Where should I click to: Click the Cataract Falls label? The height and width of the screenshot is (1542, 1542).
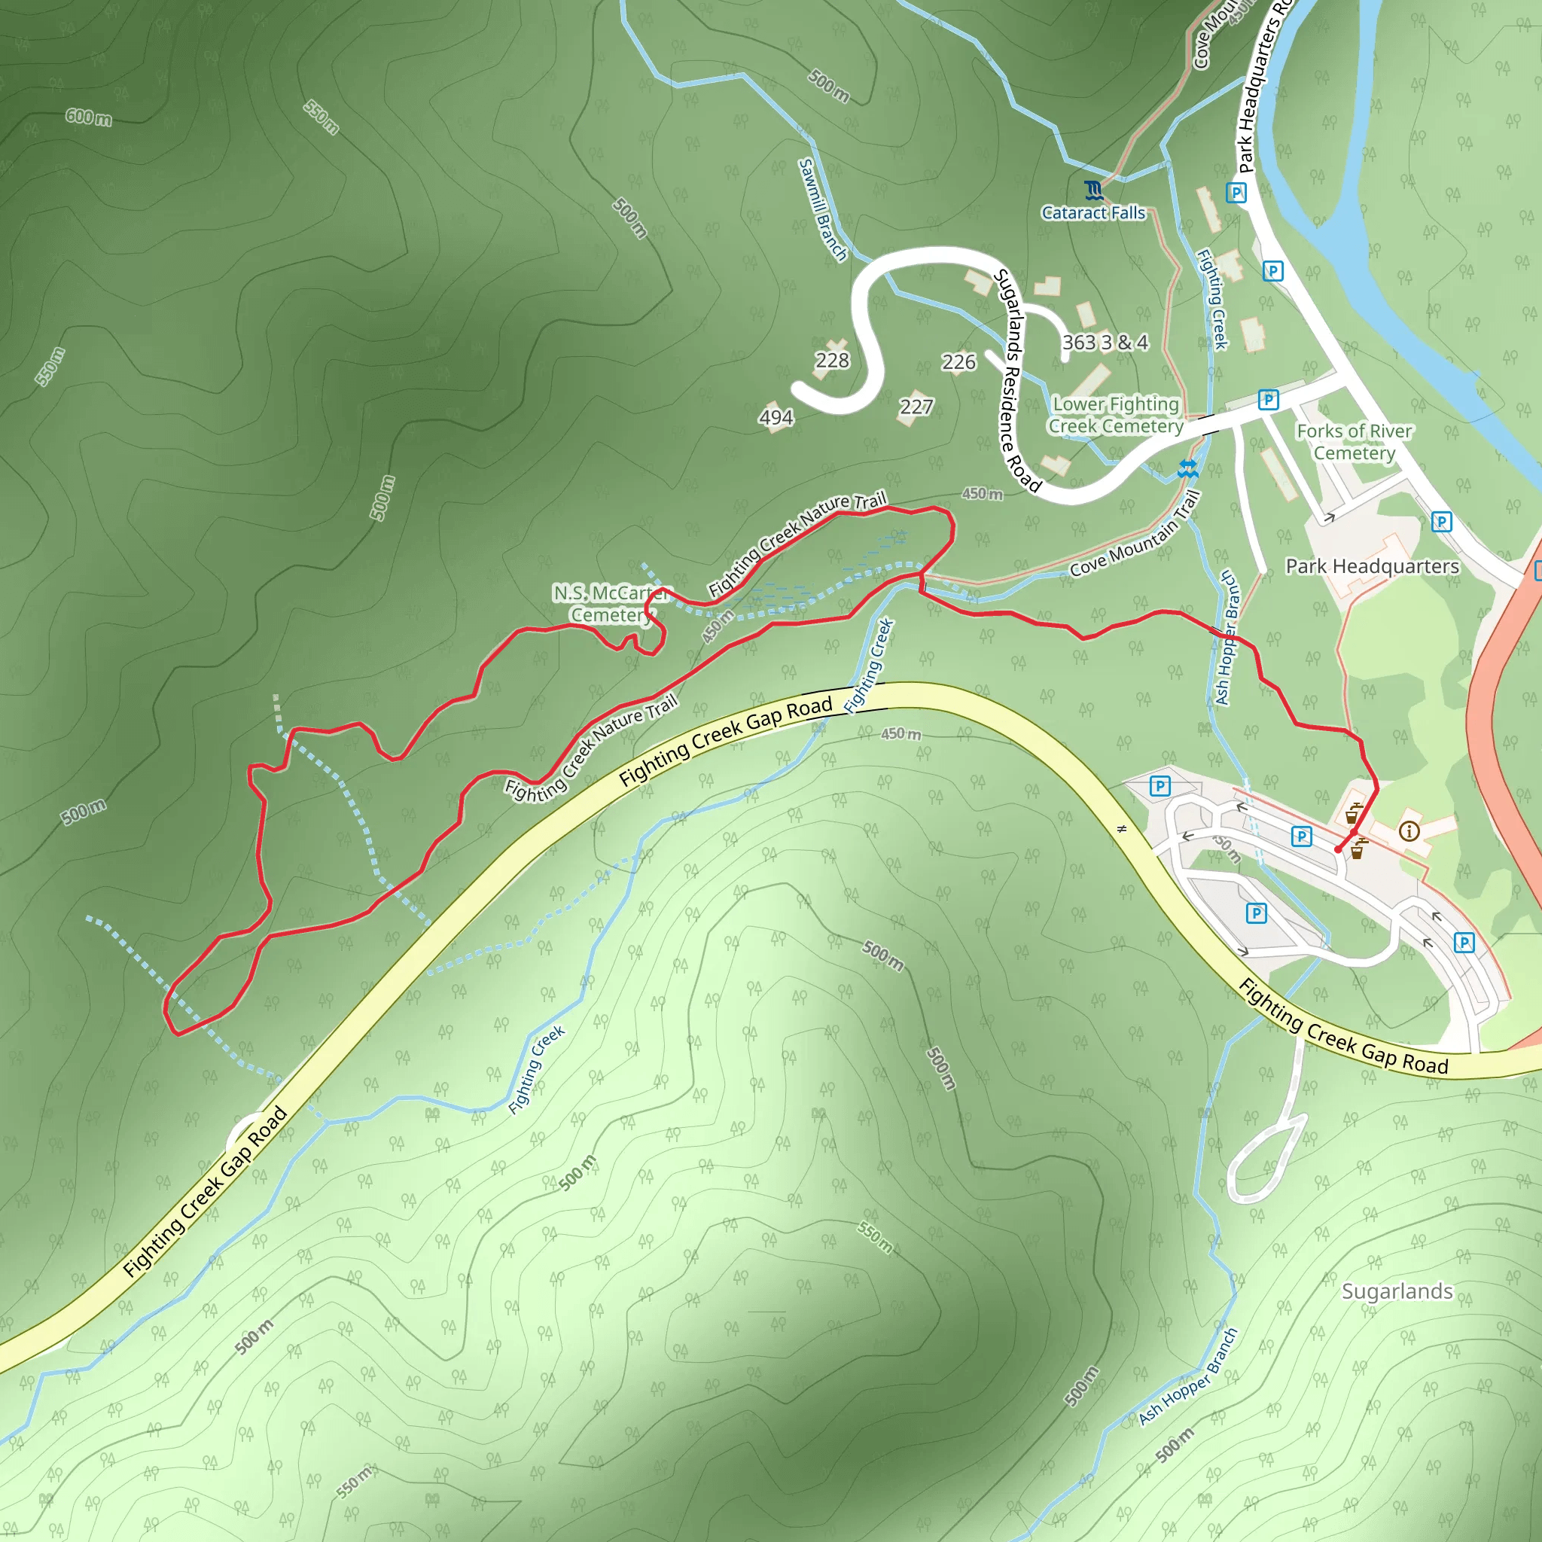click(1093, 213)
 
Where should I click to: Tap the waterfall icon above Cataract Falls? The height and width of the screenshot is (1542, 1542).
click(1093, 190)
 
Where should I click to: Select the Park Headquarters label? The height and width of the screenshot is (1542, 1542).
click(1372, 566)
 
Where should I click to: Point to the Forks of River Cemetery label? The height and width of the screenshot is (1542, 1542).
click(1355, 442)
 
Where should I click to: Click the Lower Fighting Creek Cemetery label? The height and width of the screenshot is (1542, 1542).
click(1116, 415)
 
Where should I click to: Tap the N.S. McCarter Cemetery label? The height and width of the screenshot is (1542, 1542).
click(611, 603)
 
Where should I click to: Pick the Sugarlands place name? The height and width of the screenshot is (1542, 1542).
click(1397, 1291)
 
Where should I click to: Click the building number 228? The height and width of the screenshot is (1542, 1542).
click(832, 361)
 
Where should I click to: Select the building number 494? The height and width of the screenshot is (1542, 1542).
click(776, 417)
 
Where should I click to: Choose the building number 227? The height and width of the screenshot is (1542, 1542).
click(916, 407)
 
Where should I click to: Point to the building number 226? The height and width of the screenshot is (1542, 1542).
click(958, 362)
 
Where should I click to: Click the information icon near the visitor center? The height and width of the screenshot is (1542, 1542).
click(1409, 832)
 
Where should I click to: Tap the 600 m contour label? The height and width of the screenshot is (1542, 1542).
click(89, 117)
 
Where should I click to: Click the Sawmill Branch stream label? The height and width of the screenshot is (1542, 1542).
click(822, 209)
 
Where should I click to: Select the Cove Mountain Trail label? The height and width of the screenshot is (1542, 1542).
click(1135, 534)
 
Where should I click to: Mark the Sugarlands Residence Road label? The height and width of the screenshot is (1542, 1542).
click(1015, 380)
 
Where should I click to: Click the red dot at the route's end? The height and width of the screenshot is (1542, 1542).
click(1339, 849)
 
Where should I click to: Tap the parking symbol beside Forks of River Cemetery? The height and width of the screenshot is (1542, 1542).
click(1268, 399)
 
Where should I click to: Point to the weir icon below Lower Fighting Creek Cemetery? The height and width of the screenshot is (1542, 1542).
click(1187, 469)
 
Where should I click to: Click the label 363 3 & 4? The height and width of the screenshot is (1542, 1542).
click(1105, 343)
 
